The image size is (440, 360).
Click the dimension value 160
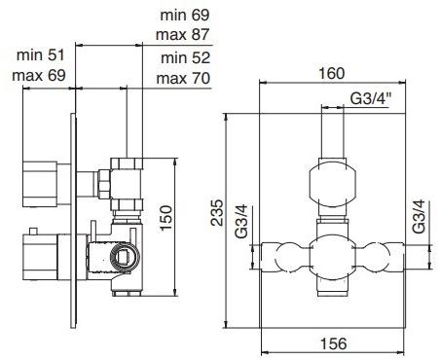click(331, 73)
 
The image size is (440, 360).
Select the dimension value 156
click(334, 343)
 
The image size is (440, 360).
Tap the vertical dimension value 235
click(217, 213)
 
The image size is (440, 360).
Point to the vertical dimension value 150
click(166, 218)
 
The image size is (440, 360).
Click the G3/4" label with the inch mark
click(370, 98)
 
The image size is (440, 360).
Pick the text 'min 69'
click(185, 15)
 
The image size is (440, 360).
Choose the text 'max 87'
click(183, 34)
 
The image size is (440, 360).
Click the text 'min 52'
click(186, 58)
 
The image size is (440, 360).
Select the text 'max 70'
click(183, 78)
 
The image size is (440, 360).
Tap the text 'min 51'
click(41, 54)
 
